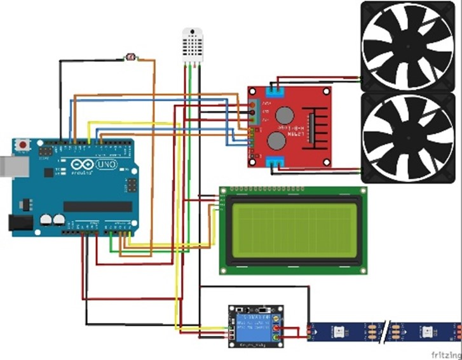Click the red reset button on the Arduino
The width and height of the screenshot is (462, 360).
[24, 145]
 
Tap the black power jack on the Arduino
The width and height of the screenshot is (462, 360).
[17, 222]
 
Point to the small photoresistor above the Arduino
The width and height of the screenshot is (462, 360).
[132, 58]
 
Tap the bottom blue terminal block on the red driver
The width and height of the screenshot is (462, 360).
[276, 162]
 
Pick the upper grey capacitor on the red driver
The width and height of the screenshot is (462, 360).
[283, 115]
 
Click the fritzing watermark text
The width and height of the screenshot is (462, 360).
[444, 353]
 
